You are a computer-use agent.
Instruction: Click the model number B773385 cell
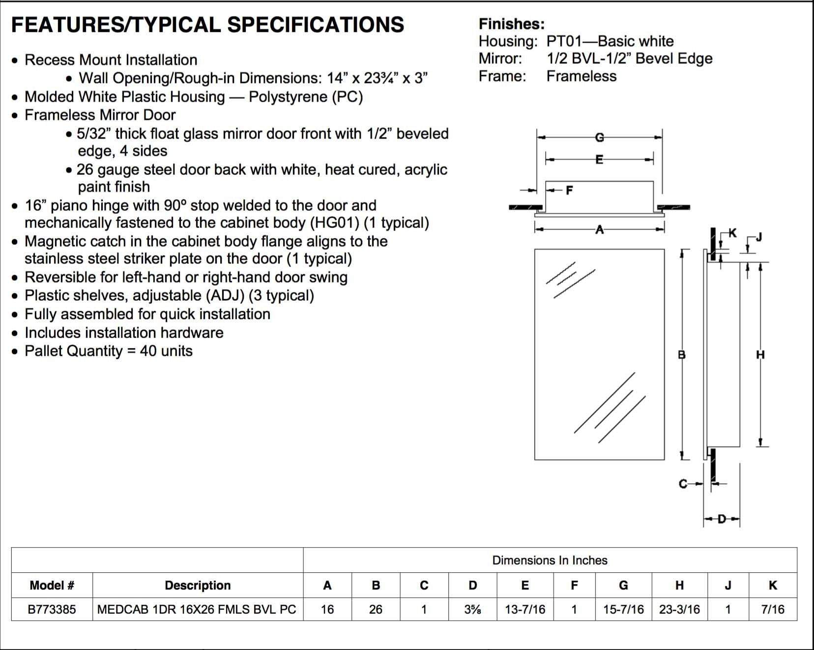click(52, 609)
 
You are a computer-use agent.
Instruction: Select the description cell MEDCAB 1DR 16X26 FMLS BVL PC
click(197, 609)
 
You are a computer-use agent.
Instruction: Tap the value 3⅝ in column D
click(472, 609)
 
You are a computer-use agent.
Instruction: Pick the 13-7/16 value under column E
click(525, 609)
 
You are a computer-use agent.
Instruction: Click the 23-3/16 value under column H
click(679, 609)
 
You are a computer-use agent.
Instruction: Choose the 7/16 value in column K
click(773, 609)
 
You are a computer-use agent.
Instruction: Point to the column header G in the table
click(623, 585)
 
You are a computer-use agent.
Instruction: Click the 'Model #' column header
click(52, 585)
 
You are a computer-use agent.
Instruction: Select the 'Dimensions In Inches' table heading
click(550, 560)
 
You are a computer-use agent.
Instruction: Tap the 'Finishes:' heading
click(512, 24)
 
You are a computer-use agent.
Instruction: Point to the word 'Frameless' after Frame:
click(581, 76)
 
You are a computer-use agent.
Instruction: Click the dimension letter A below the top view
click(599, 229)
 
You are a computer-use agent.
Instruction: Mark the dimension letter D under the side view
click(722, 519)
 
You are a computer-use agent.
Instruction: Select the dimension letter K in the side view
click(732, 233)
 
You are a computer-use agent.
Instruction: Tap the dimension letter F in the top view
click(569, 190)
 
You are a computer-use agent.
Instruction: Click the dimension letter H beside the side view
click(760, 355)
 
